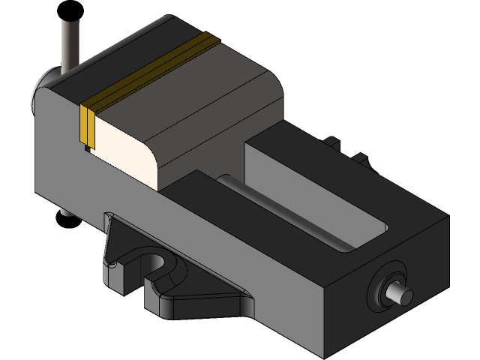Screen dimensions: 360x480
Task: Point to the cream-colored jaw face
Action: pyautogui.click(x=120, y=146)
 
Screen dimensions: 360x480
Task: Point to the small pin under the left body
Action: pyautogui.click(x=64, y=212)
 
